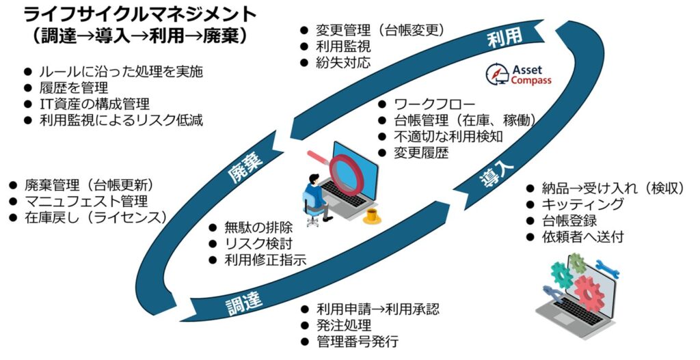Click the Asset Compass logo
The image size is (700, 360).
tap(517, 75)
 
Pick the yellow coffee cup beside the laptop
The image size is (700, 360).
tap(372, 217)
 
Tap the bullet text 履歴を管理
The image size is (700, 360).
tap(73, 87)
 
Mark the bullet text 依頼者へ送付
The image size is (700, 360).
tap(582, 237)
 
